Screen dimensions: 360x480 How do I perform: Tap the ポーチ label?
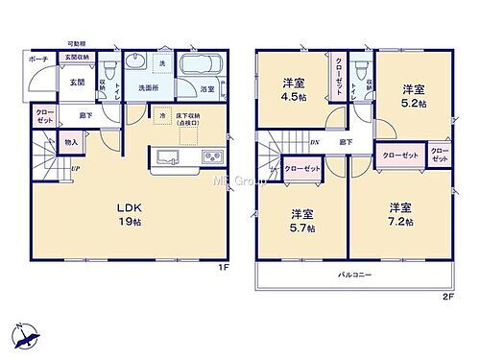pos(39,58)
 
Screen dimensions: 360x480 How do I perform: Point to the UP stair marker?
pos(74,170)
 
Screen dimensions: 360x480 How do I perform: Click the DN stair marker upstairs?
pos(314,142)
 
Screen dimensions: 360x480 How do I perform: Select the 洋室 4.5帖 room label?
pos(292,87)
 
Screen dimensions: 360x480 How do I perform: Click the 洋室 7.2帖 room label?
pos(400,213)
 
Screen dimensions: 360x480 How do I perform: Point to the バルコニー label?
pos(354,276)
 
